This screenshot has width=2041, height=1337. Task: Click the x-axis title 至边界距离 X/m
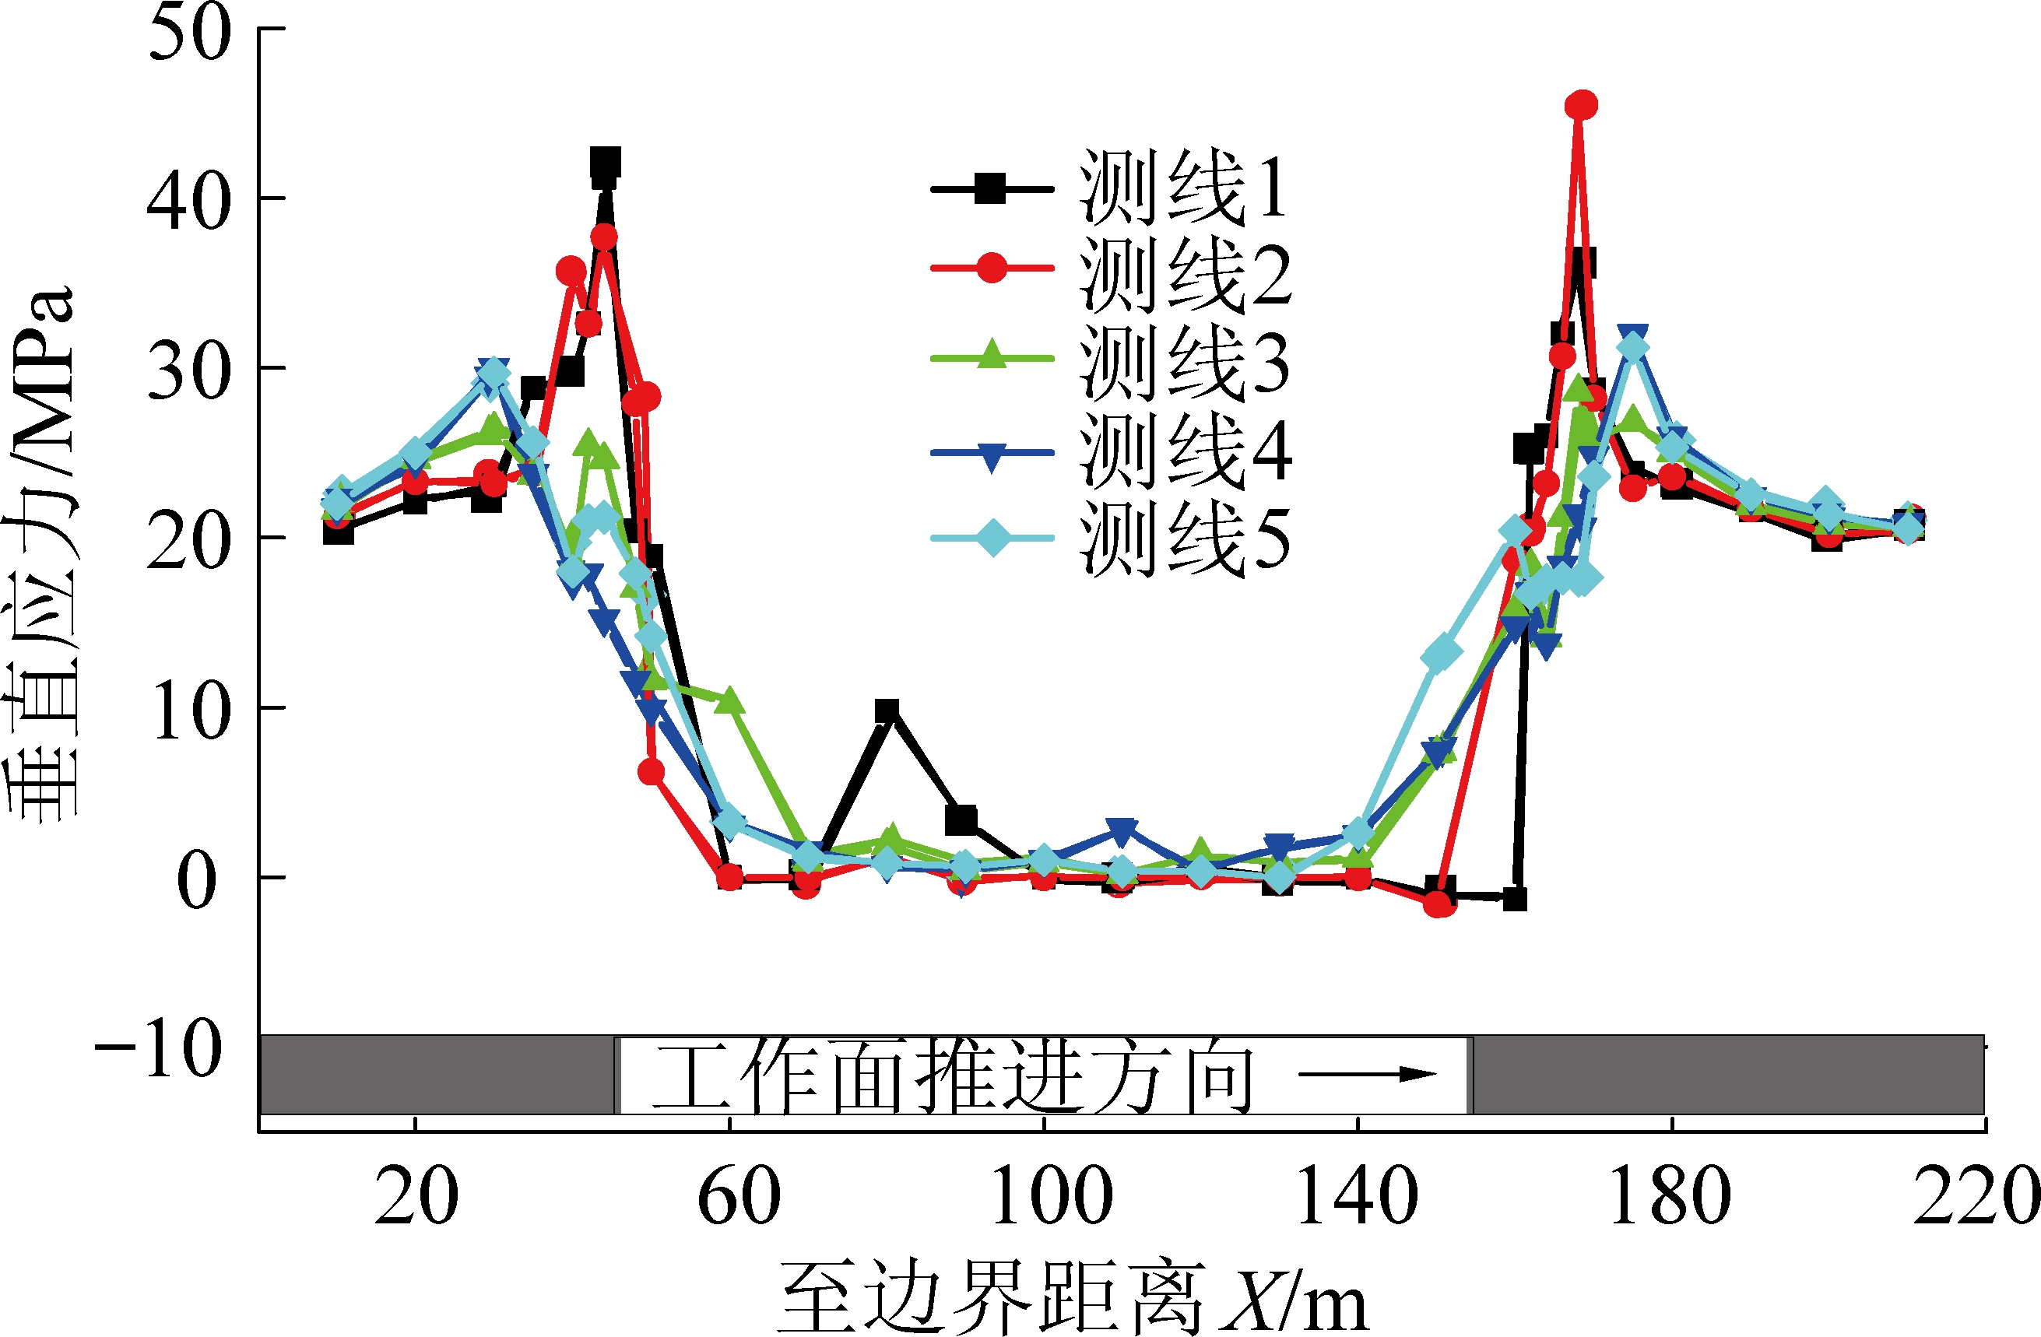pos(1072,1296)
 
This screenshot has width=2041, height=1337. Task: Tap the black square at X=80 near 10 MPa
pos(887,710)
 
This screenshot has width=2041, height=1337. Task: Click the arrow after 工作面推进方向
pos(1367,1074)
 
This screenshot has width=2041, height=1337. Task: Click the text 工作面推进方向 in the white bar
pos(952,1076)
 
